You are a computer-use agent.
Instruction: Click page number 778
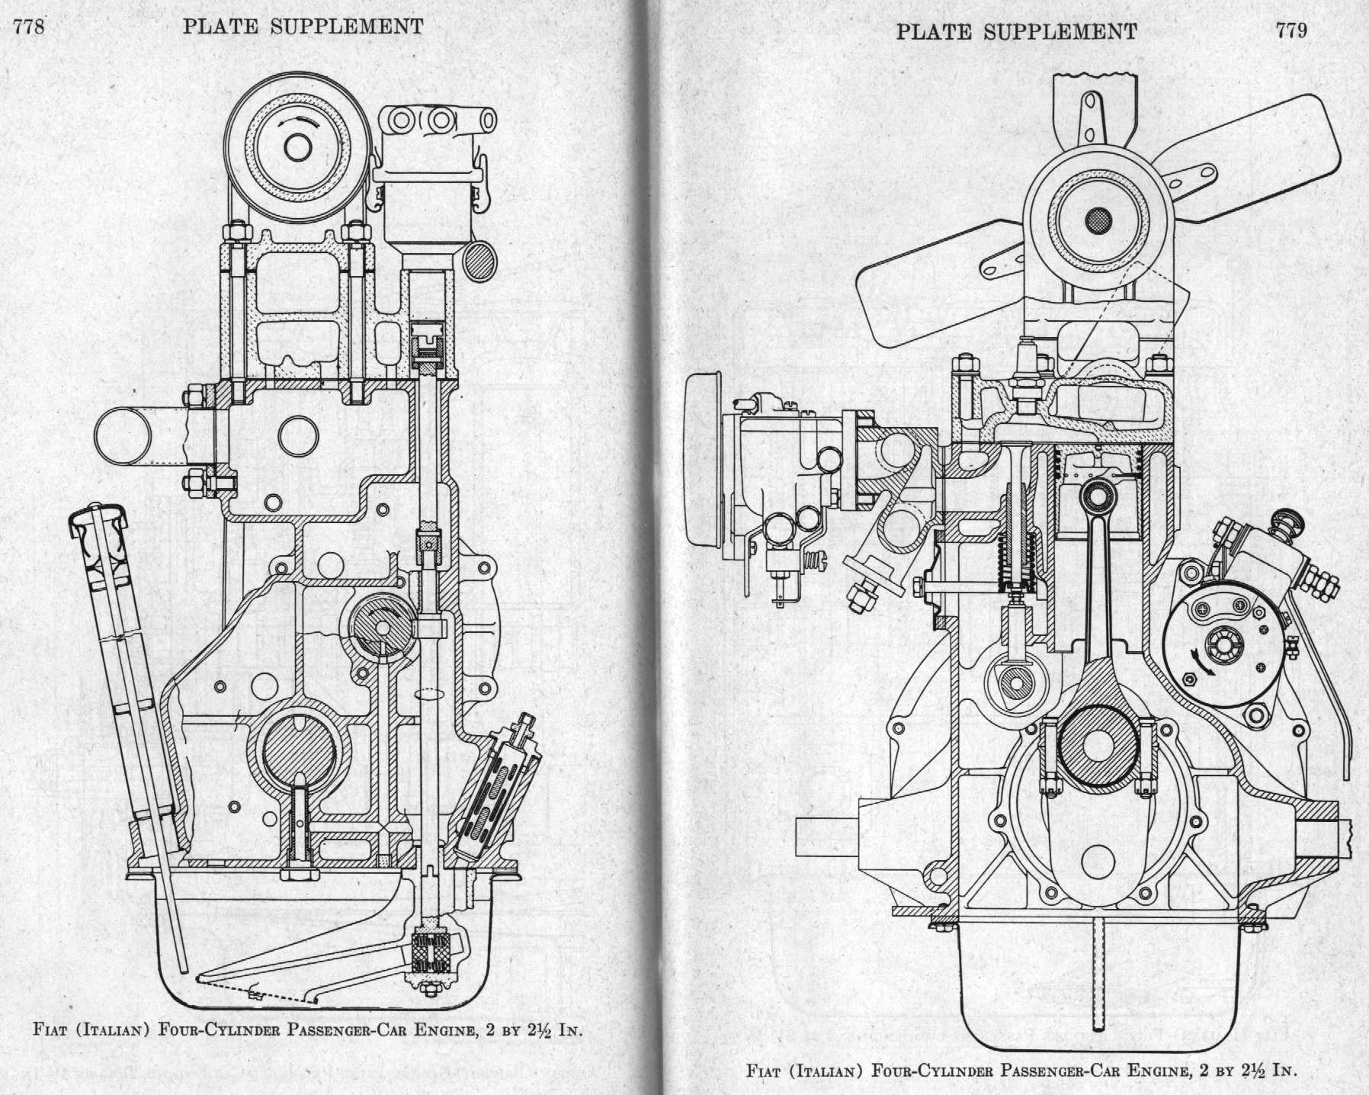[31, 27]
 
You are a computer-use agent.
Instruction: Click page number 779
[1290, 30]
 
